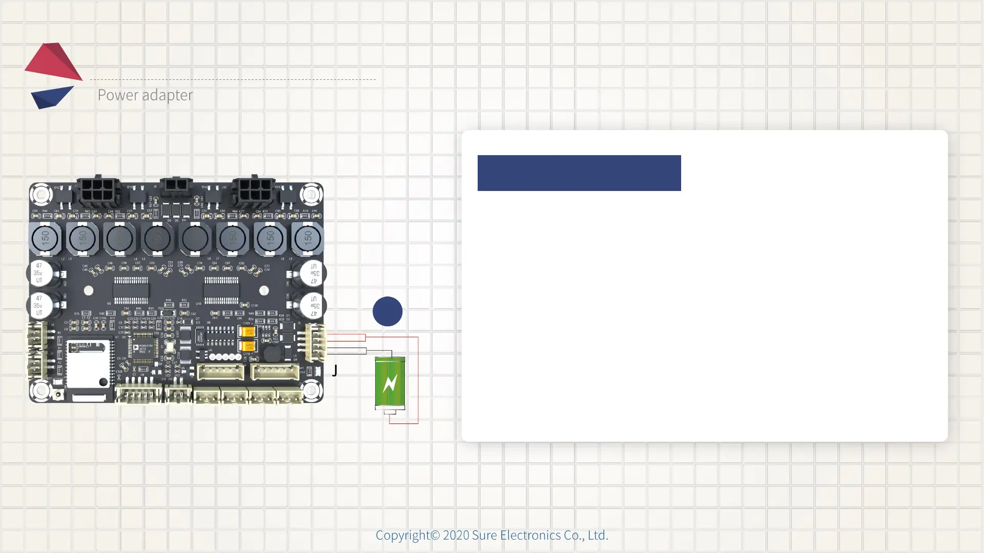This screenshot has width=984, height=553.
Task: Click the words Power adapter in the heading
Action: pyautogui.click(x=145, y=95)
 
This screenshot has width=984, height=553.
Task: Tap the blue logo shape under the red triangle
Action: pyautogui.click(x=51, y=97)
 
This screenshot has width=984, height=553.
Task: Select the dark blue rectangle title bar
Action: pyautogui.click(x=579, y=173)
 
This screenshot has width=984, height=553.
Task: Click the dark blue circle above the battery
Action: pyautogui.click(x=387, y=311)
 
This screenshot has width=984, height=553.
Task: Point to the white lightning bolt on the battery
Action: pyautogui.click(x=390, y=383)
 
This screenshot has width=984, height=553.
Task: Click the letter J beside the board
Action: pyautogui.click(x=335, y=370)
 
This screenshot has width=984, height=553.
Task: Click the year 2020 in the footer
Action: pyautogui.click(x=456, y=535)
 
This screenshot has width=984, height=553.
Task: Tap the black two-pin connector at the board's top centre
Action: pyautogui.click(x=176, y=186)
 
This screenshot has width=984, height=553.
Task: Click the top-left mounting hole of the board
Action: pyautogui.click(x=41, y=194)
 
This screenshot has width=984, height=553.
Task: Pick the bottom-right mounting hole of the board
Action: pyautogui.click(x=311, y=391)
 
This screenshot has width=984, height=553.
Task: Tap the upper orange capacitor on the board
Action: pyautogui.click(x=248, y=332)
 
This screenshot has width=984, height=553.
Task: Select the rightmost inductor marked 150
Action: pyautogui.click(x=307, y=238)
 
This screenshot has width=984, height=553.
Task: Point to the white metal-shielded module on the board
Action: pyautogui.click(x=88, y=365)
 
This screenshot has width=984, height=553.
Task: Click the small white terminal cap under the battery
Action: pyautogui.click(x=390, y=412)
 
